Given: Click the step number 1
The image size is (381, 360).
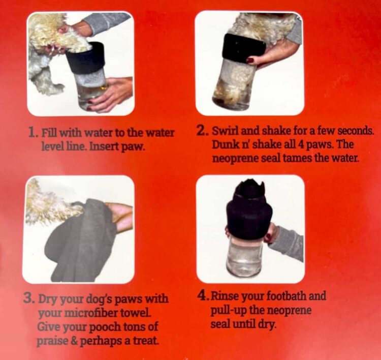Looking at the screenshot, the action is (33, 133).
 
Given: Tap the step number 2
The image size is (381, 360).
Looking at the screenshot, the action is (202, 131).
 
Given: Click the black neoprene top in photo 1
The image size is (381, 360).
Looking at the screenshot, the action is (85, 58).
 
